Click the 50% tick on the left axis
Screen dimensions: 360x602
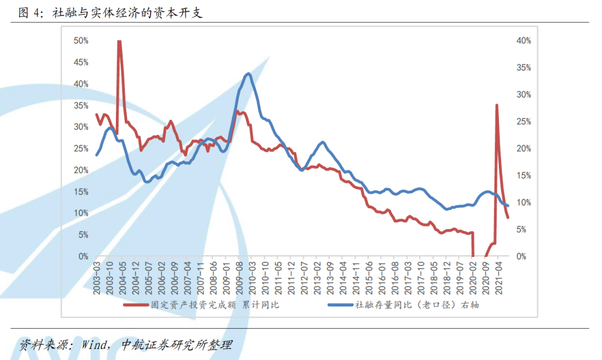pyautogui.click(x=81, y=41)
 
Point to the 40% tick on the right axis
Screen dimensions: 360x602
pyautogui.click(x=523, y=41)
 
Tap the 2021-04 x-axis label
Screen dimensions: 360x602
pyautogui.click(x=499, y=276)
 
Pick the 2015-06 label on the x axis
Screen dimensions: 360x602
pyautogui.click(x=369, y=276)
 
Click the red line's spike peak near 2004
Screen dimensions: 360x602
pyautogui.click(x=119, y=41)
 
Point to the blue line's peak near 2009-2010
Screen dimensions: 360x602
pyautogui.click(x=247, y=74)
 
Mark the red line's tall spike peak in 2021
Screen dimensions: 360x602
pyautogui.click(x=496, y=105)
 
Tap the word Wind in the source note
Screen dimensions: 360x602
pyautogui.click(x=95, y=344)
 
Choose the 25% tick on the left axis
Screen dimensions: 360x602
pyautogui.click(x=81, y=148)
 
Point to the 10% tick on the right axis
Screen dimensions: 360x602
pyautogui.click(x=523, y=202)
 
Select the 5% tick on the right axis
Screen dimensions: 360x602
pyautogui.click(x=525, y=229)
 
